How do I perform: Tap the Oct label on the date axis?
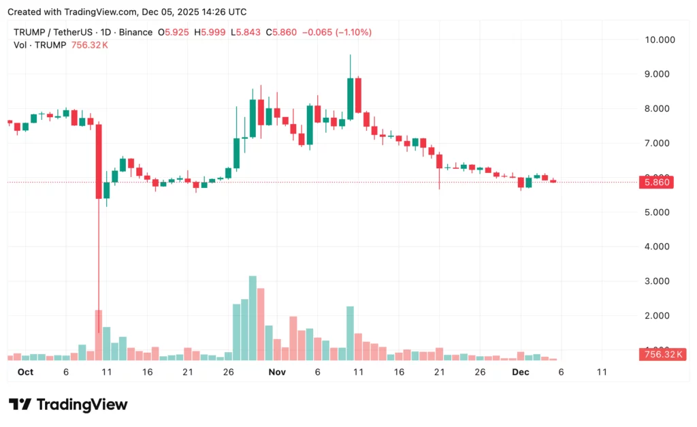25,372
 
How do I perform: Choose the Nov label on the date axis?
277,372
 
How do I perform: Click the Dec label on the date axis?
521,372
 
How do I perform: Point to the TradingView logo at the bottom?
68,405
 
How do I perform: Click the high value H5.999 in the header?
211,32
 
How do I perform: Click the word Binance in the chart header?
135,32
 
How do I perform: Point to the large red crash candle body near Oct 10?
99,161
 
